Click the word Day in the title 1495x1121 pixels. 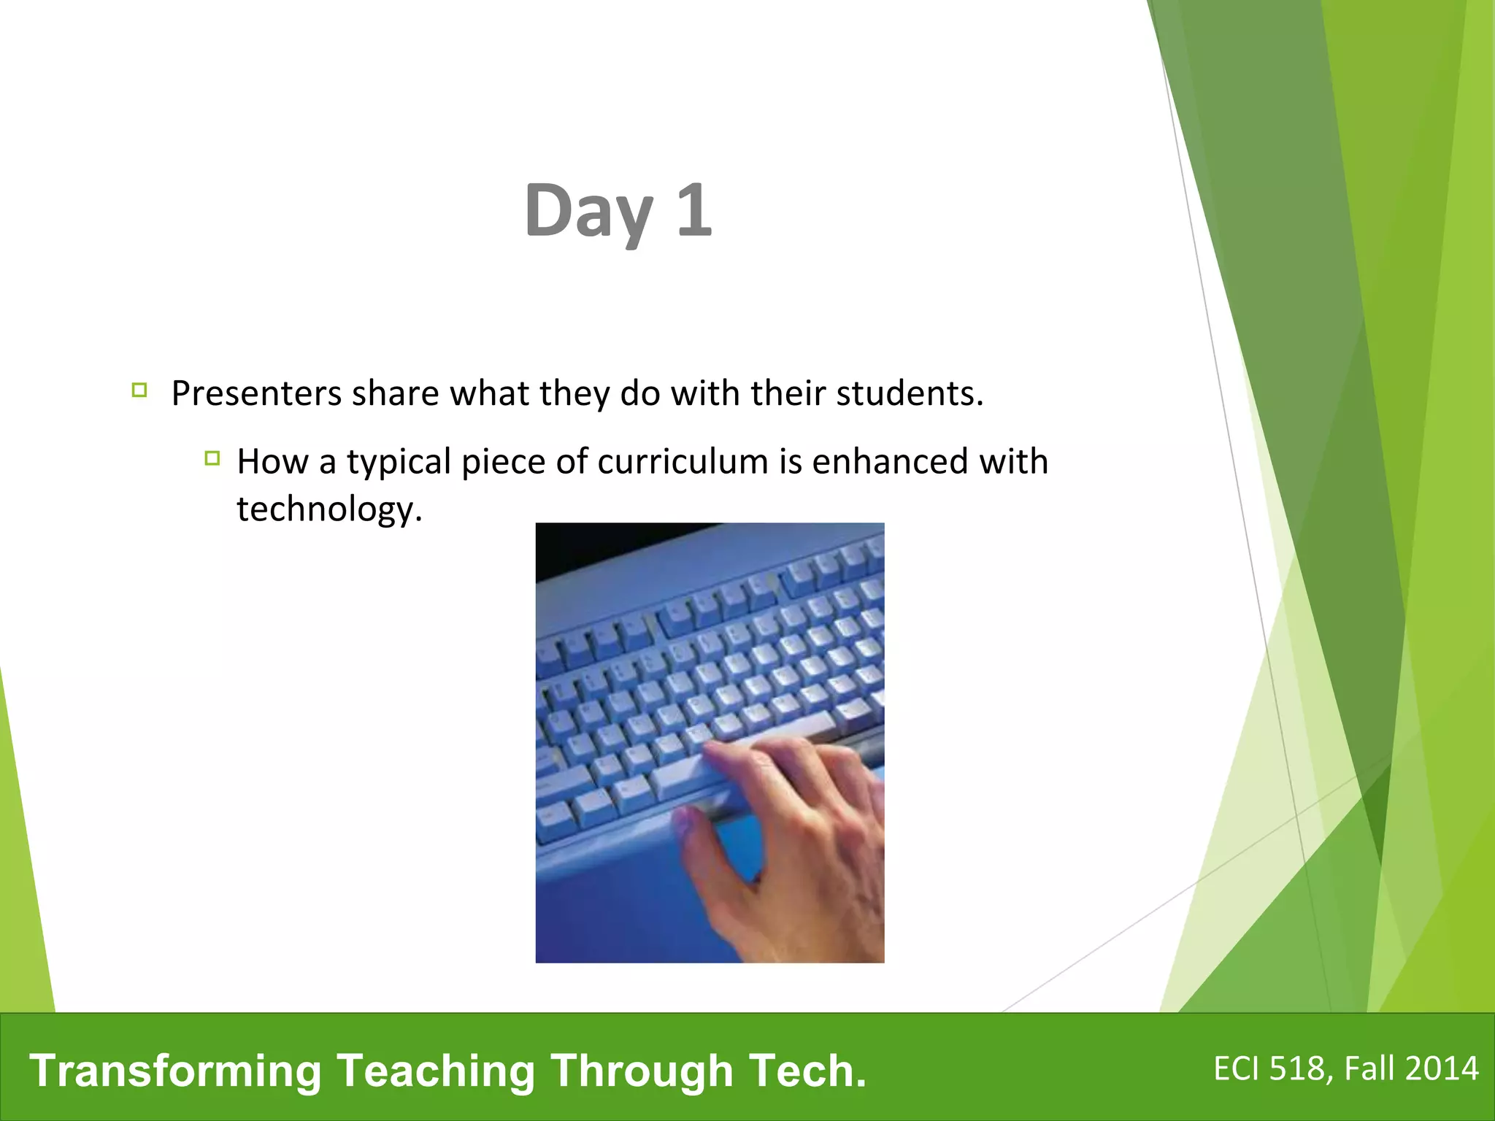(x=588, y=212)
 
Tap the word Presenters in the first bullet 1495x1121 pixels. (x=256, y=394)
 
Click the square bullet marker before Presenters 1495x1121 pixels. (x=139, y=390)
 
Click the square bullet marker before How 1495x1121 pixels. (x=212, y=458)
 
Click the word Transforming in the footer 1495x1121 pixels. (x=175, y=1071)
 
